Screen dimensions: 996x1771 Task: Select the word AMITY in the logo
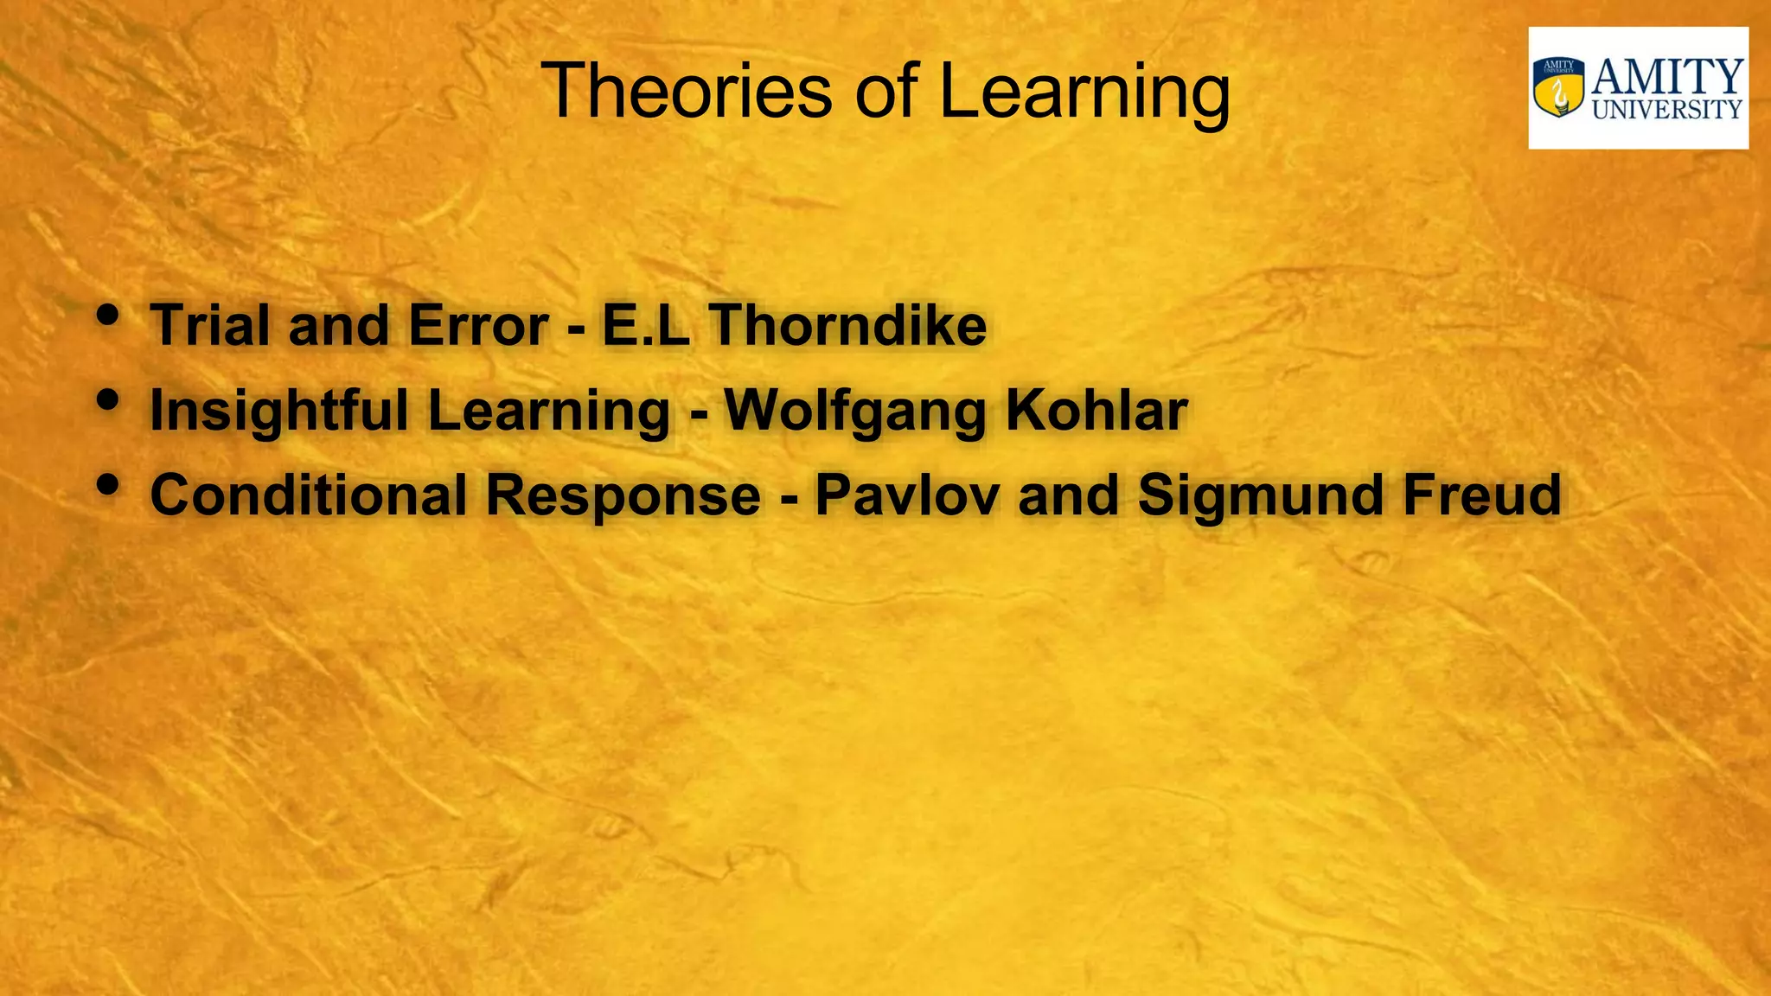point(1667,76)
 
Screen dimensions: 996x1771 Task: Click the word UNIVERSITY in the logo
point(1666,109)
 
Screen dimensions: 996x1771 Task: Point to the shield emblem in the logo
point(1559,87)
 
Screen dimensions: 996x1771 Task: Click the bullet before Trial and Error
point(107,316)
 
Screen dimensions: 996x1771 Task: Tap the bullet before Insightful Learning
point(107,400)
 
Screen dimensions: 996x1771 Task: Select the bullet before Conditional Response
point(107,485)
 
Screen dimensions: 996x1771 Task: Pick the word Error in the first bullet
point(478,325)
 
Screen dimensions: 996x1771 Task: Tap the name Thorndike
point(848,325)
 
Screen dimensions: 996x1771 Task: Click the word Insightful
point(279,411)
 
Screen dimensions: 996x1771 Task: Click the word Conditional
point(309,495)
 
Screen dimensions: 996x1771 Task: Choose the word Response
point(623,496)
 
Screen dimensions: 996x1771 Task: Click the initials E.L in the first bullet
point(646,325)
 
